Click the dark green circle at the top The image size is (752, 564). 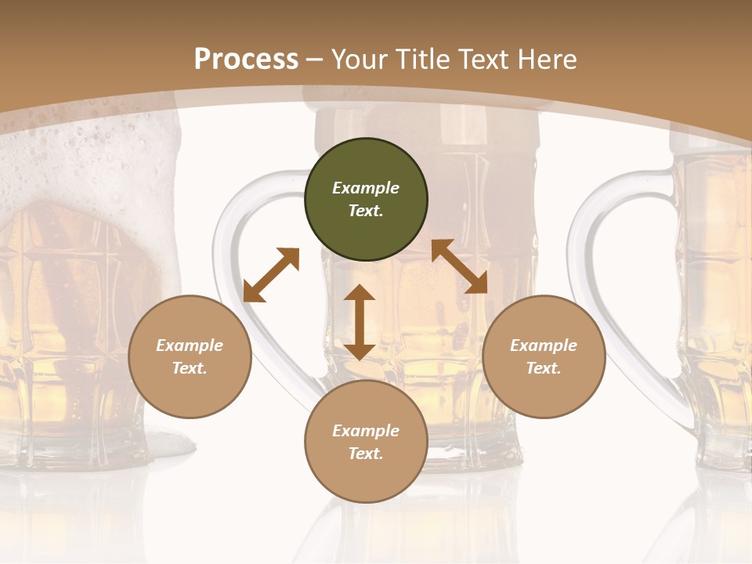tap(366, 200)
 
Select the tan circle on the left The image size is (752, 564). tap(190, 357)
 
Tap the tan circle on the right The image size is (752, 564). tap(544, 357)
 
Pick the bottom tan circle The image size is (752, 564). tap(366, 442)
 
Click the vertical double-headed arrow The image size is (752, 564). tap(360, 322)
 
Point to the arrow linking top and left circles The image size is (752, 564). tap(271, 274)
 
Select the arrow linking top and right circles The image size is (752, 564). tap(459, 266)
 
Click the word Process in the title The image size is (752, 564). tap(246, 59)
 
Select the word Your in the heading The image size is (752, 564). tap(356, 60)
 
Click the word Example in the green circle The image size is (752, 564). tap(366, 188)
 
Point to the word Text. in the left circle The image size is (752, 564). tap(190, 368)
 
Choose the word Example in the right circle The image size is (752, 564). tap(544, 345)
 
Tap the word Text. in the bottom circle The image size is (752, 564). tap(366, 454)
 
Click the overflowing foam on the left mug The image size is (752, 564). tap(86, 157)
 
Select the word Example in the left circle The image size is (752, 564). tap(190, 345)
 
